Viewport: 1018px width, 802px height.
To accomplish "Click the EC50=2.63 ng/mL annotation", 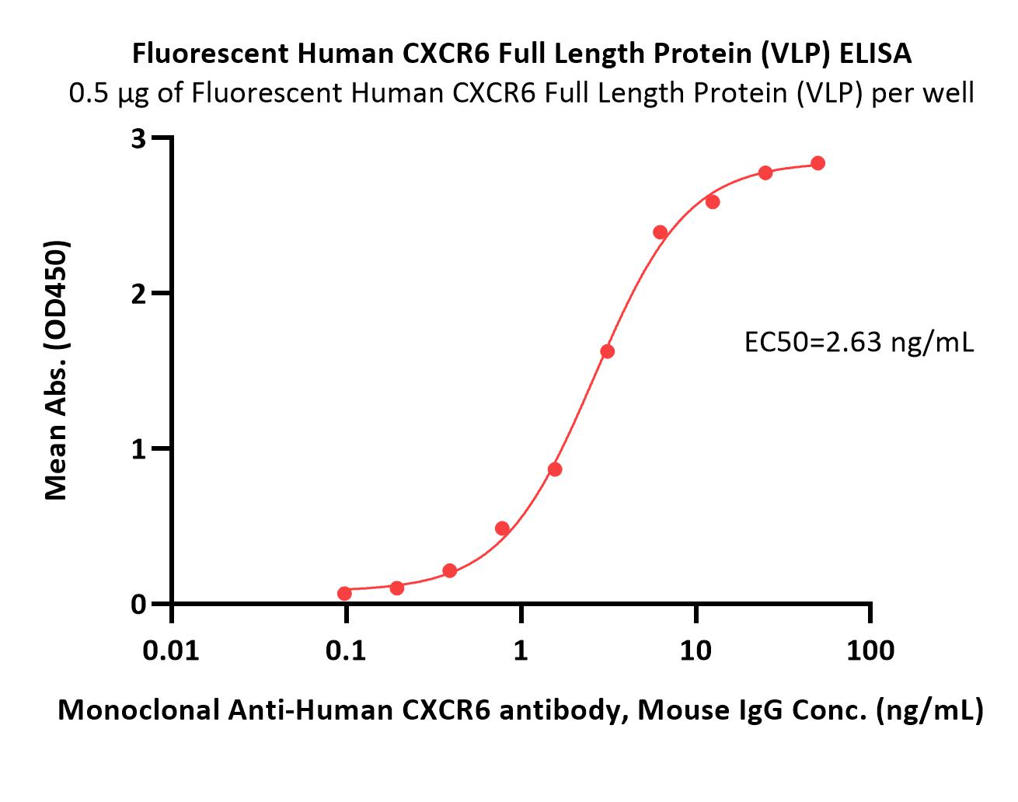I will point(858,343).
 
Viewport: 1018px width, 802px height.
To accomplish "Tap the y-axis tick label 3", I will point(139,138).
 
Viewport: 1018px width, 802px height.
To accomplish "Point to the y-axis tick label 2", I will point(139,294).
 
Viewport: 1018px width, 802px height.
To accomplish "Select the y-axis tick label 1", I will point(139,449).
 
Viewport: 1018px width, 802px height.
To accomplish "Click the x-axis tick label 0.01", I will point(171,650).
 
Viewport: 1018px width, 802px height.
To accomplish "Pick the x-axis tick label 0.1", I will point(346,650).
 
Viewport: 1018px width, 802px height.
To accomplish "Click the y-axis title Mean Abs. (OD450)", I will point(56,370).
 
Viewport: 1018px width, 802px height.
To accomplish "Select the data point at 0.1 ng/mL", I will point(344,594).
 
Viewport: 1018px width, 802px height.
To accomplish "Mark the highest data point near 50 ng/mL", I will point(818,163).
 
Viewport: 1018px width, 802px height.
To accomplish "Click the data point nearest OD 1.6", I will point(608,351).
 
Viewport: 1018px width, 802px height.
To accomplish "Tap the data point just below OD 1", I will point(555,469).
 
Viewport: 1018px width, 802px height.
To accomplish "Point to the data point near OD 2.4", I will point(661,232).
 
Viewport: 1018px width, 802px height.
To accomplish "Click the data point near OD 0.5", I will point(502,529).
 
